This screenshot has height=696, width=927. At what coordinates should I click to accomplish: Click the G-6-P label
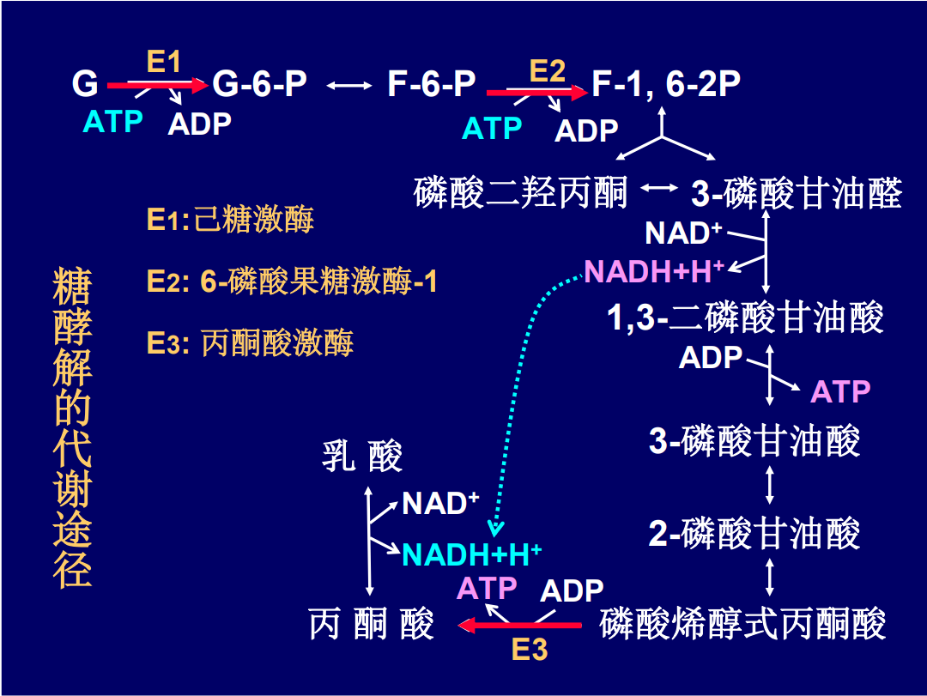pos(259,84)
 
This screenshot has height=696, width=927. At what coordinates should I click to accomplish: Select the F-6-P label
pos(431,84)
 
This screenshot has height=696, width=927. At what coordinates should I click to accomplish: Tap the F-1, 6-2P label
pos(666,84)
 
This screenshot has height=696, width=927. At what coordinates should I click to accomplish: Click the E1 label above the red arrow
pos(164,62)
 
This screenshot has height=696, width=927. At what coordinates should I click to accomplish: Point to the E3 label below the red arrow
pos(529,650)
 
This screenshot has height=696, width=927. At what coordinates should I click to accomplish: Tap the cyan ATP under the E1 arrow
pos(112,122)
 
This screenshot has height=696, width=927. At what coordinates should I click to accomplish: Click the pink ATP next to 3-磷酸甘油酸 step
pos(840,391)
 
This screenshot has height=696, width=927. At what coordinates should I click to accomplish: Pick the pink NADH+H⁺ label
pos(654,272)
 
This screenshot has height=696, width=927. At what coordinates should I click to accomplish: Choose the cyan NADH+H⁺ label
pos(471,554)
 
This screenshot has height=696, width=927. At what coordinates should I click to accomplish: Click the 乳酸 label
pos(361,457)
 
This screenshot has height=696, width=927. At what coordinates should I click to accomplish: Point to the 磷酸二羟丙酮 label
pos(521,192)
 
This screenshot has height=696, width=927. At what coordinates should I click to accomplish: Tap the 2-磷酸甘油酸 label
pos(754,534)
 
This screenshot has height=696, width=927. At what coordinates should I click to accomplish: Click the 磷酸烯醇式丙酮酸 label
pos(742,624)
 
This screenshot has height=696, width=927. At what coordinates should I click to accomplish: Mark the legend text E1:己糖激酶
pos(230,220)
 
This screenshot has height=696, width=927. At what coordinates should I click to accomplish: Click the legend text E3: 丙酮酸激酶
pos(250,343)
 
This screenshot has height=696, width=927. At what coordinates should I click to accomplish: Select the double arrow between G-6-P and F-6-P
pos(348,85)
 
